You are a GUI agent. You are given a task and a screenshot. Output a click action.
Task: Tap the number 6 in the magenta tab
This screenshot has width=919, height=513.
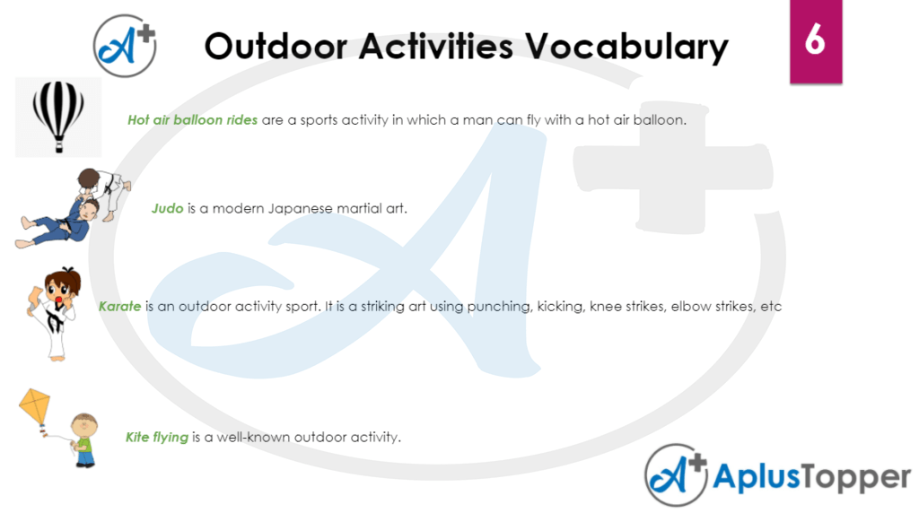coord(815,40)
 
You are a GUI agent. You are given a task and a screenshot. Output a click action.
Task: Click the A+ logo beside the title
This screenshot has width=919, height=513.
coord(126,46)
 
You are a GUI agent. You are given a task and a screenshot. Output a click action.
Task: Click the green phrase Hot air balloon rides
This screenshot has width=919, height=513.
coord(192,120)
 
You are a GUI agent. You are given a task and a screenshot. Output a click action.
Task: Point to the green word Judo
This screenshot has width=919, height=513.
coord(168,209)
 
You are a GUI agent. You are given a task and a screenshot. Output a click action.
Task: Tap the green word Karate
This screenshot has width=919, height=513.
coord(119,307)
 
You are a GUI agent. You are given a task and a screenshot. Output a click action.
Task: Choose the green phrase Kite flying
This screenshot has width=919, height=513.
coord(157,438)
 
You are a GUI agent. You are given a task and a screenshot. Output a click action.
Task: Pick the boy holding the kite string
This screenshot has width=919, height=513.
coord(84,439)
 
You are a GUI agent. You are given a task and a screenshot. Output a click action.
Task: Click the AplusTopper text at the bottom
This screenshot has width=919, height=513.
coord(811,477)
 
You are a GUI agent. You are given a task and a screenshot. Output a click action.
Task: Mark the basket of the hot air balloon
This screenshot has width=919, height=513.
coord(58,142)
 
